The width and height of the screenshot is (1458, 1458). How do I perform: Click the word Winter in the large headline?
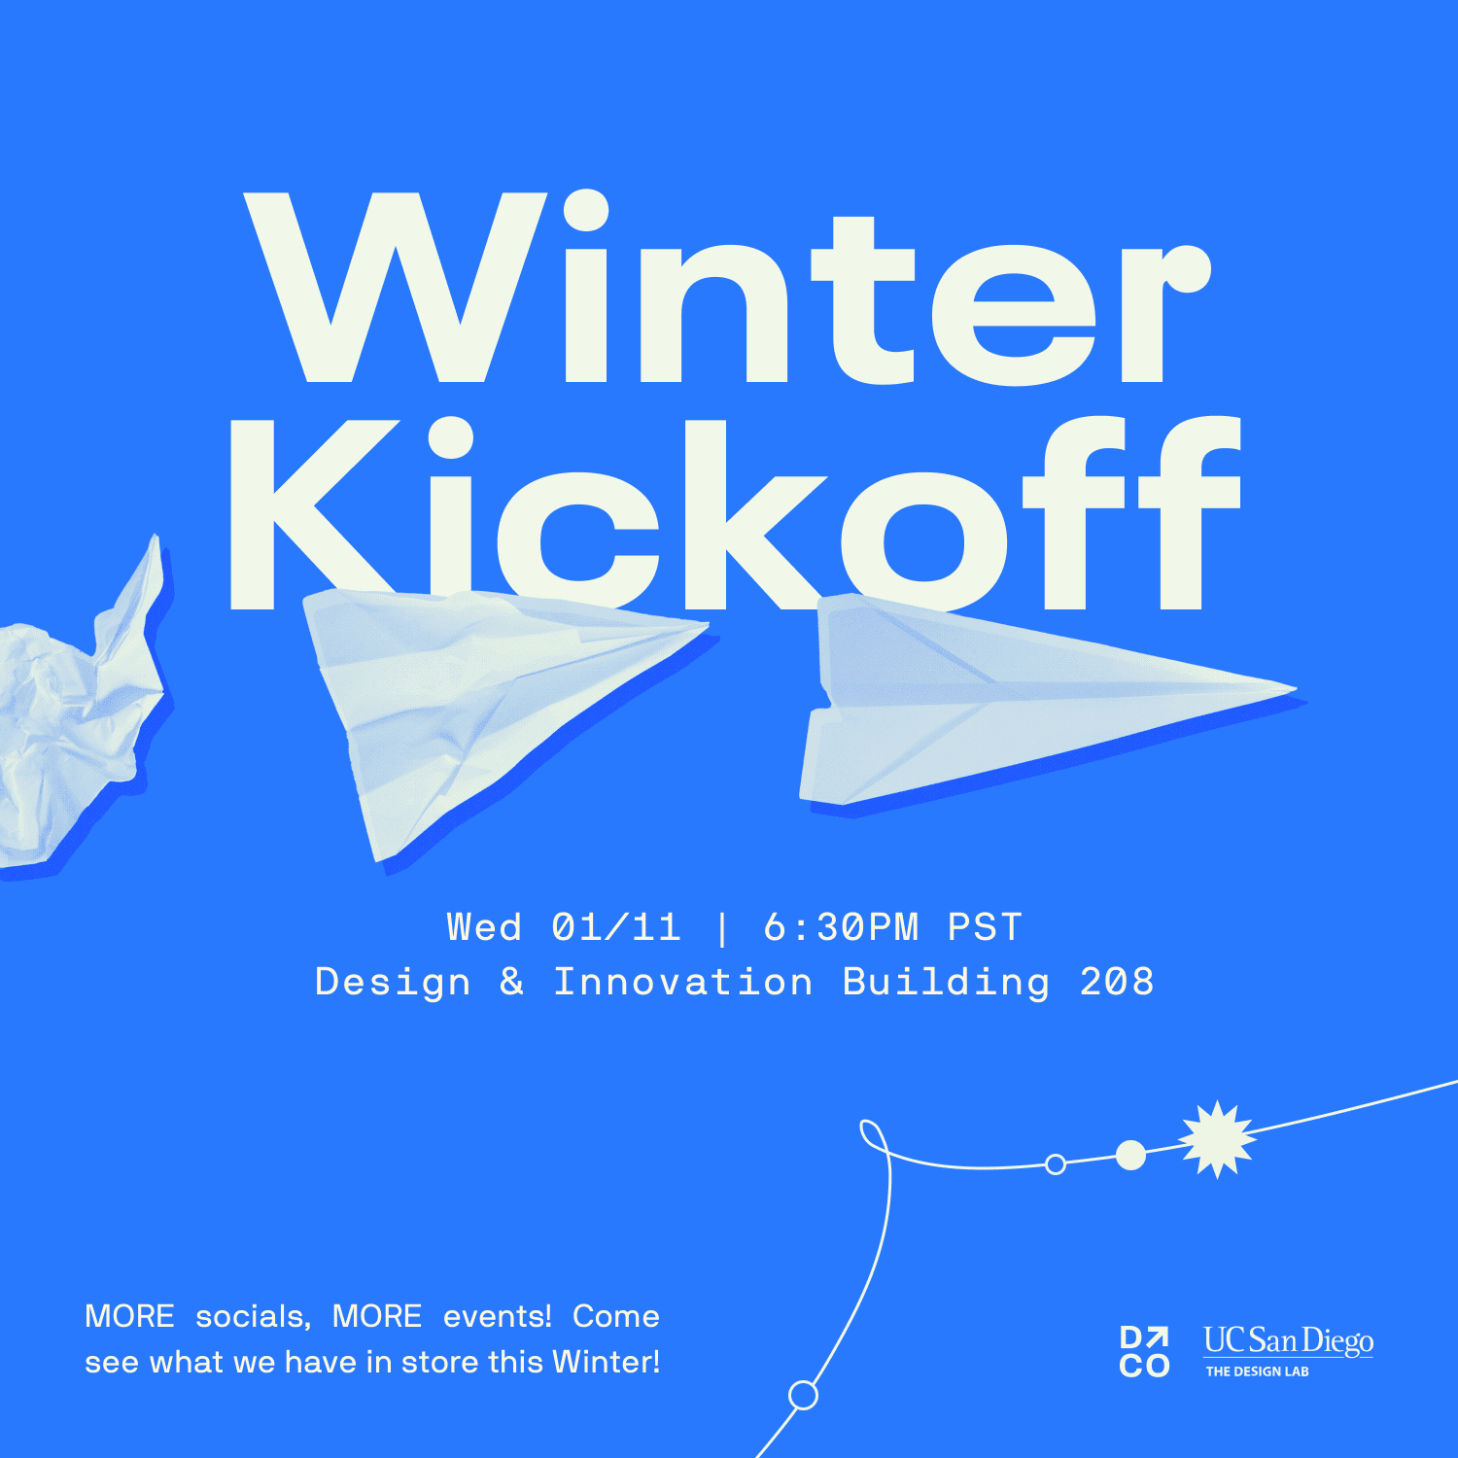pos(727,288)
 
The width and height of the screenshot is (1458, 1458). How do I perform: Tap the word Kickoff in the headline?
pos(735,513)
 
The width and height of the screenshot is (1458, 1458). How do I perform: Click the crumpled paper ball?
pos(78,710)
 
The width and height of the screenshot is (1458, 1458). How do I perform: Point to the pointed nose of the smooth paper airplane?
pos(1296,689)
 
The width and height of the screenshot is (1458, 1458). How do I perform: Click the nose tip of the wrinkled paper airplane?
pos(708,625)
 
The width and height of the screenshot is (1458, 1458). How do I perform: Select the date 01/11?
pos(616,927)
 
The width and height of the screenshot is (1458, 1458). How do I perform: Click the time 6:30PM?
pos(841,927)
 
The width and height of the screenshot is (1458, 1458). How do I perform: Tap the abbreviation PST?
pos(985,927)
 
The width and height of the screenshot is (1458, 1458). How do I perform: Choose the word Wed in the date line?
pos(484,927)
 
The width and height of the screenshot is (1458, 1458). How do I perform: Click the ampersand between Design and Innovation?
pos(512,982)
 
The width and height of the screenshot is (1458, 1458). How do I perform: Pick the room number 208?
pos(1117,982)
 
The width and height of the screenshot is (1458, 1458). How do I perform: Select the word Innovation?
pos(683,982)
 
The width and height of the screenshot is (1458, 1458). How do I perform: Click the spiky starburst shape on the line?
pos(1218,1139)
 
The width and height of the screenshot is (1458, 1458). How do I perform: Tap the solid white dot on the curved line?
pos(1130,1155)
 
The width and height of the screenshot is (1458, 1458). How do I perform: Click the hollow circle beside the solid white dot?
pos(1056,1163)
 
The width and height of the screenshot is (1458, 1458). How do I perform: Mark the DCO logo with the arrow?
pos(1144,1352)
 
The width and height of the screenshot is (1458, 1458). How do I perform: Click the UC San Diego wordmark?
pos(1288,1340)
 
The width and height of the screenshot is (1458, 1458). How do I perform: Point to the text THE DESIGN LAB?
pos(1257,1371)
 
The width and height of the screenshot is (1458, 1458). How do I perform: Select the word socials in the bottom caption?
pos(253,1316)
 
